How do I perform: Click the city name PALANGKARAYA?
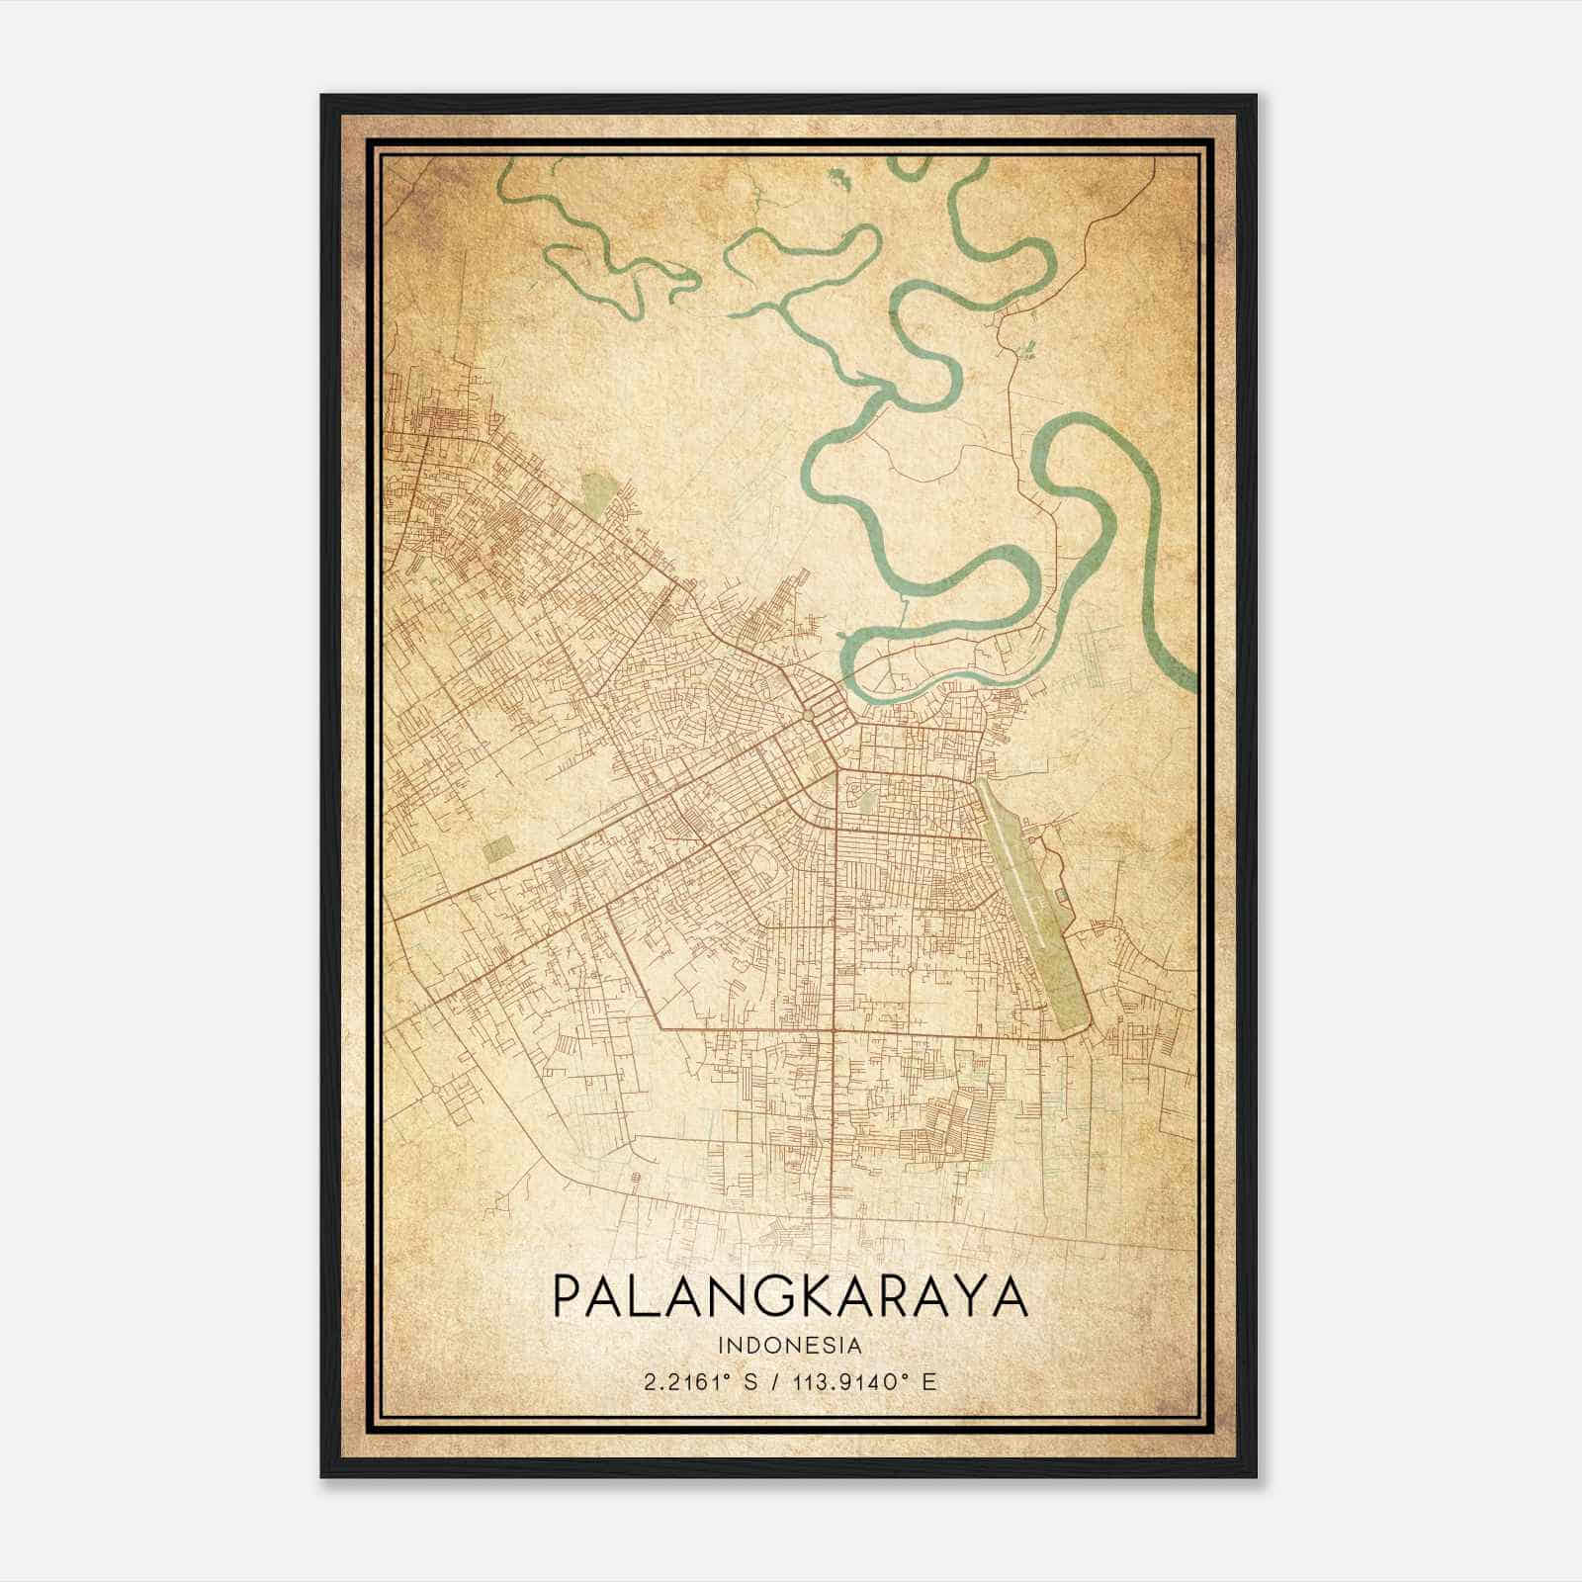click(x=790, y=1296)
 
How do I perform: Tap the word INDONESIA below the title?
click(x=790, y=1345)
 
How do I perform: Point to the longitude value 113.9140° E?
click(x=865, y=1382)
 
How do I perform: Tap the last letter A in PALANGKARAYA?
click(x=1010, y=1296)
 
